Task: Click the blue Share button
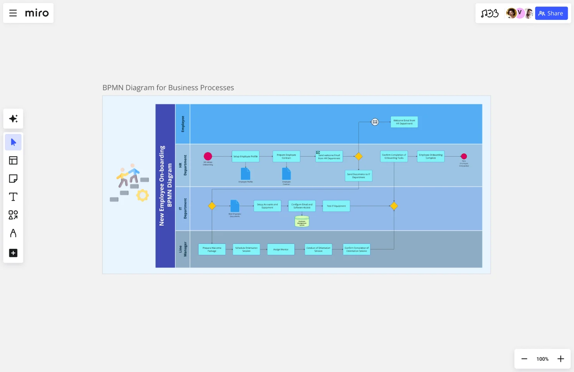coord(551,13)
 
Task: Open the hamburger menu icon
coord(13,13)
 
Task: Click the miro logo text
coord(37,13)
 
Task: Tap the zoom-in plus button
coord(560,359)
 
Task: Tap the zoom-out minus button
coord(524,359)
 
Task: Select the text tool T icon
coord(13,197)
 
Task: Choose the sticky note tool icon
coord(13,179)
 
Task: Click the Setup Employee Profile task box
coord(246,157)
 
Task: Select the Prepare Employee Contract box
coord(286,157)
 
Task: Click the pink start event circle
coord(208,156)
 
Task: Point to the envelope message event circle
coord(375,122)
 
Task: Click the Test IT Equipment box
coord(336,206)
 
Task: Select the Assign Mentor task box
coord(281,250)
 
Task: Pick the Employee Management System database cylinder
coord(302,222)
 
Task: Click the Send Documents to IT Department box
coord(358,176)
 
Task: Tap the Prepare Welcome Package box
coord(212,250)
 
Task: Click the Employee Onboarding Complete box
coord(430,157)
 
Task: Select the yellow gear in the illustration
coord(142,195)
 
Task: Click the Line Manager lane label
coord(183,249)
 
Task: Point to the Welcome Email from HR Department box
coord(404,122)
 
